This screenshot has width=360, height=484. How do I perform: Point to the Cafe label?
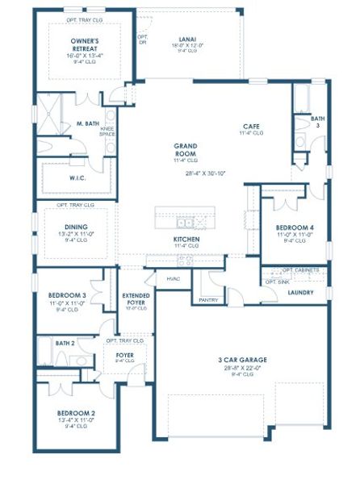250,126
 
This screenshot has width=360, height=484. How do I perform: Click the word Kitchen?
186,240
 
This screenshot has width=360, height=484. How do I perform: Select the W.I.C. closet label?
78,177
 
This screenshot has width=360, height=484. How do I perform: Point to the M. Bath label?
87,123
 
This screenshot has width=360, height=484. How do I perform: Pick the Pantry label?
207,299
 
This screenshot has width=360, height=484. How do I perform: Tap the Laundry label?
301,292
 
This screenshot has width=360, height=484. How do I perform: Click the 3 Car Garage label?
242,360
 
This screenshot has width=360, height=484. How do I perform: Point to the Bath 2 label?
65,343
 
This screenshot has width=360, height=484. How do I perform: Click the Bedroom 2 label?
77,413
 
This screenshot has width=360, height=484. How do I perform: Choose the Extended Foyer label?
136,298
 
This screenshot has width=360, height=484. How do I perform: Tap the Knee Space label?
107,131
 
